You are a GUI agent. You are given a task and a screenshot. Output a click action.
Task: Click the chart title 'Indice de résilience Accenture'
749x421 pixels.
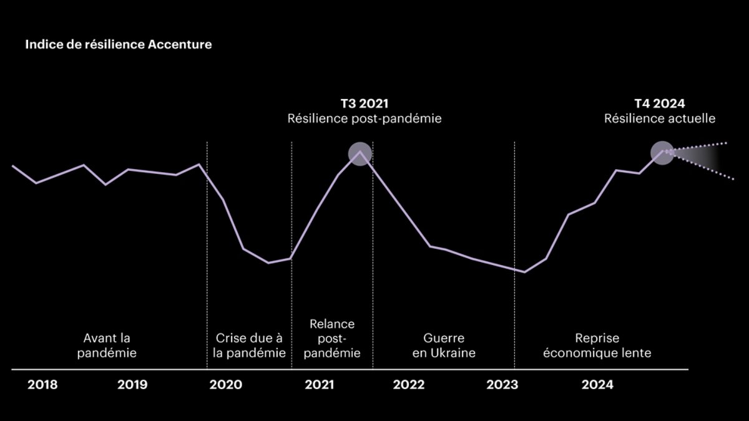[118, 46]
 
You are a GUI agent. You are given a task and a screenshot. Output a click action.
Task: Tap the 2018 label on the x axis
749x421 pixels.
[42, 385]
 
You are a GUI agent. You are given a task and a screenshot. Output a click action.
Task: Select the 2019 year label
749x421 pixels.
[132, 385]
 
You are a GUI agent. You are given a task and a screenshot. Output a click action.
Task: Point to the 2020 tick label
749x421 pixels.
[225, 385]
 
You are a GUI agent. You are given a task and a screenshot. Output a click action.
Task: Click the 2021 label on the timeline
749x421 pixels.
[320, 385]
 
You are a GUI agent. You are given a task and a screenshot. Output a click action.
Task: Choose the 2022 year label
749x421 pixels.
[409, 385]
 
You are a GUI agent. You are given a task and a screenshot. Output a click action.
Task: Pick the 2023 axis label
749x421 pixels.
[502, 385]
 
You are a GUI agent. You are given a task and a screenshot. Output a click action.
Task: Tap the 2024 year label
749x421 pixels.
[597, 385]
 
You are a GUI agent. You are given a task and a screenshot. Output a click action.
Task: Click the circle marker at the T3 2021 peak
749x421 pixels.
[360, 153]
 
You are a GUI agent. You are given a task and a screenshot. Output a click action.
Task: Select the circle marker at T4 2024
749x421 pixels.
[662, 152]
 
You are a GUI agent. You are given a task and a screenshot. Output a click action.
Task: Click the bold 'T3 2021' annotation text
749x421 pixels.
[364, 104]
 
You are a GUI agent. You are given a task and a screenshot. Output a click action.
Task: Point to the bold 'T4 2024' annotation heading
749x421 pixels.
[660, 104]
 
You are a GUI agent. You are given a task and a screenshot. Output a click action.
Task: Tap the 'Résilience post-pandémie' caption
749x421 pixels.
[364, 119]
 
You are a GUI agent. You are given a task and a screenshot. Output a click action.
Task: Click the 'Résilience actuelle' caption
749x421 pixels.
[660, 119]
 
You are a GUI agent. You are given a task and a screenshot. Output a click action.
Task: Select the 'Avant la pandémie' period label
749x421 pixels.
[107, 346]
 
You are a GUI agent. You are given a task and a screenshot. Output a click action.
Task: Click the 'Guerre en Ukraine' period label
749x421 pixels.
[444, 346]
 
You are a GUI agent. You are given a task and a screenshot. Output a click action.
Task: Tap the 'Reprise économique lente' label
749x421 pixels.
[597, 346]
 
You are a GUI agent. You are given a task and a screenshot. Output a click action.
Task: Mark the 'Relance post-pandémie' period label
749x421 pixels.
[332, 338]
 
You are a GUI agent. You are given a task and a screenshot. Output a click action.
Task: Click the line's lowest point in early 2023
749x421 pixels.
[524, 272]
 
